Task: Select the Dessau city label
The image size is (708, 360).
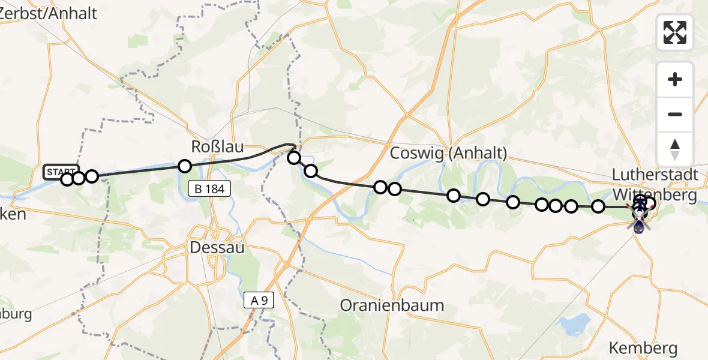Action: pyautogui.click(x=217, y=247)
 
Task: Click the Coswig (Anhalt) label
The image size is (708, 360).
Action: pyautogui.click(x=448, y=153)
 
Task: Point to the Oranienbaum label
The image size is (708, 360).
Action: pyautogui.click(x=392, y=305)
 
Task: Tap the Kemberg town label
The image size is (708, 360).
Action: pyautogui.click(x=643, y=347)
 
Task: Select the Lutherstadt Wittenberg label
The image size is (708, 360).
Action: pyautogui.click(x=655, y=185)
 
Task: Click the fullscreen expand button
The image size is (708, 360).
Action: pyautogui.click(x=675, y=32)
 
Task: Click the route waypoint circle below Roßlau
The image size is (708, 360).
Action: pyautogui.click(x=185, y=166)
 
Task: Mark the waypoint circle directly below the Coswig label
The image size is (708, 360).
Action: pyautogui.click(x=454, y=195)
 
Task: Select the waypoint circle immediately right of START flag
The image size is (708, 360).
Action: pyautogui.click(x=78, y=178)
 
